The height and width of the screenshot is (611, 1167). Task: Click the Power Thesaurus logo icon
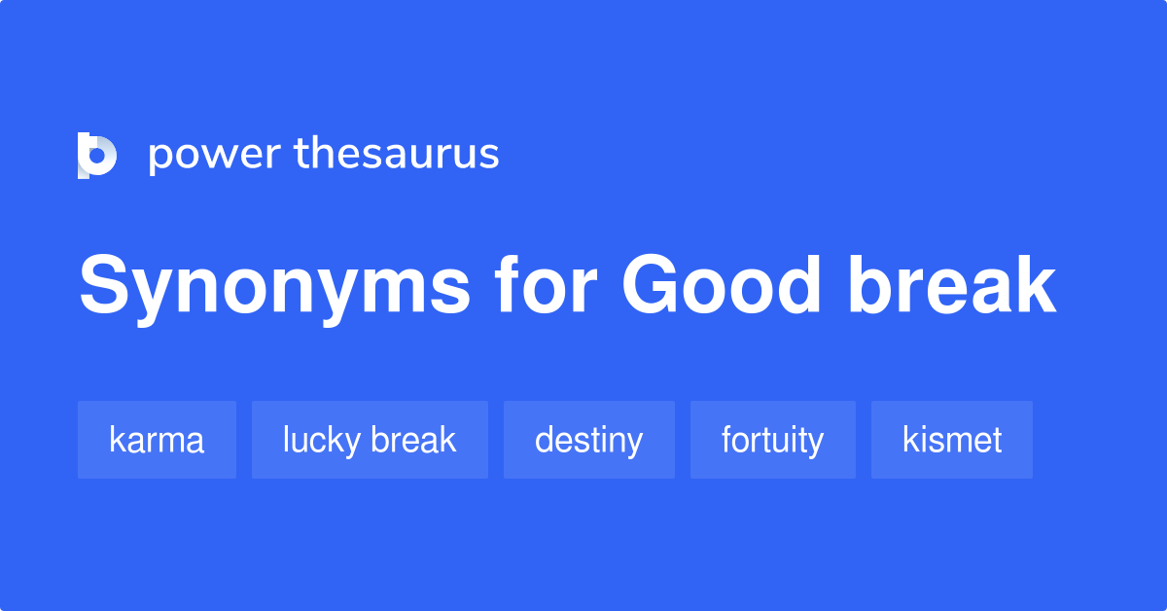pos(97,156)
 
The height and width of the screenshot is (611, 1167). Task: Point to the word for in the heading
pos(544,287)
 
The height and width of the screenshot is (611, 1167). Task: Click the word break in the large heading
pos(952,287)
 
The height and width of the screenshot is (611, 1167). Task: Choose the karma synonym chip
pos(157,440)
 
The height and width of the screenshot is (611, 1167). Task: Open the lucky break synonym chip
pos(370,440)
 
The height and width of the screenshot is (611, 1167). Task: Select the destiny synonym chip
pos(588,440)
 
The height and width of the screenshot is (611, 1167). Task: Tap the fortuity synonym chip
pos(772,440)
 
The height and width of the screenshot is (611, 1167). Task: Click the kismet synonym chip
pos(951,440)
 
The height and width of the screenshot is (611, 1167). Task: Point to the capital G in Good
pos(654,287)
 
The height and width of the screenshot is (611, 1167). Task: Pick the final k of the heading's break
pos(1034,287)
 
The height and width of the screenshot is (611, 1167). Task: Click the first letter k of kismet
pos(909,440)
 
